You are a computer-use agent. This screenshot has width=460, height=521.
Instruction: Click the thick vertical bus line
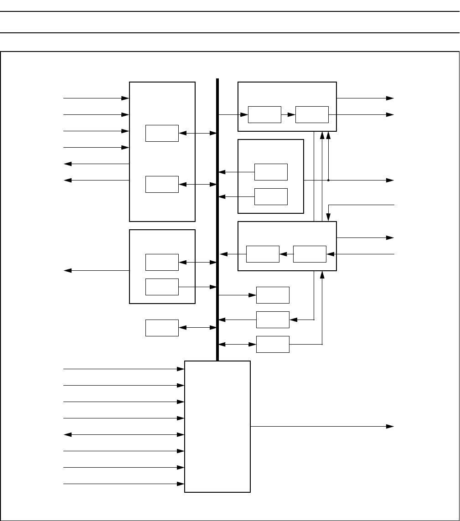pos(217,219)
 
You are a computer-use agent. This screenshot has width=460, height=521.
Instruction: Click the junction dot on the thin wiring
pos(328,180)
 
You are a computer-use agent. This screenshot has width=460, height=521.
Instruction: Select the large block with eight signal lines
pos(217,426)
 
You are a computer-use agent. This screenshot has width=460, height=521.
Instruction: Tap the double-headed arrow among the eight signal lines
pos(123,434)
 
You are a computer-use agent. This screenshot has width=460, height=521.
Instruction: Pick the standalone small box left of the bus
pos(162,328)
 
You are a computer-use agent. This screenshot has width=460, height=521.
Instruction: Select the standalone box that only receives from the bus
pos(273,295)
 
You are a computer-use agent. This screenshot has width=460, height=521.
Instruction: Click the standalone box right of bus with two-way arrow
pos(273,344)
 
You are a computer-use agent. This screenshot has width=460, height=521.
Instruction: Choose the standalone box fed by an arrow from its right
pos(273,320)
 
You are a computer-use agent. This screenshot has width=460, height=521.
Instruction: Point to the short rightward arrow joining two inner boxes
pos(288,114)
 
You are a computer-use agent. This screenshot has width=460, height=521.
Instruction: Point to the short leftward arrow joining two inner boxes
pos(286,254)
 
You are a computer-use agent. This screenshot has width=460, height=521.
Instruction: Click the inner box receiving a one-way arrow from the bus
pos(264,114)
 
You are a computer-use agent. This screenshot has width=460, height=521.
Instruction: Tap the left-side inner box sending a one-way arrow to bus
pos(162,287)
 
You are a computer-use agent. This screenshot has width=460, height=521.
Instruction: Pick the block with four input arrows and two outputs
pos(162,152)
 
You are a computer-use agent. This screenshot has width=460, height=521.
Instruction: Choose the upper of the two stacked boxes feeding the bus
pos(271,172)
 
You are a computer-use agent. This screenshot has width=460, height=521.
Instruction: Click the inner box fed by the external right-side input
pos(310,254)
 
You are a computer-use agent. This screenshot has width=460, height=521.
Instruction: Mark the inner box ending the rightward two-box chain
pos(312,114)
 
